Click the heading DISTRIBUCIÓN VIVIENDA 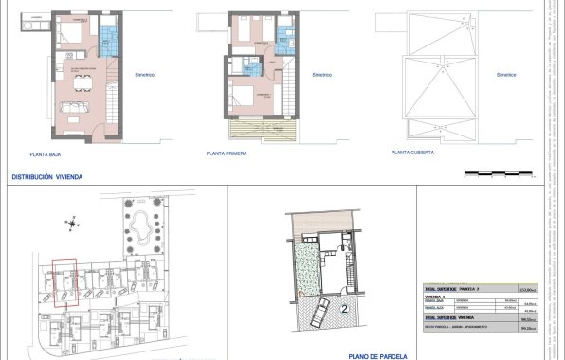(46, 177)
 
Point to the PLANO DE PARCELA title (377, 356)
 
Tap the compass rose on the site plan (72, 223)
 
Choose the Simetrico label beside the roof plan (506, 74)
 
